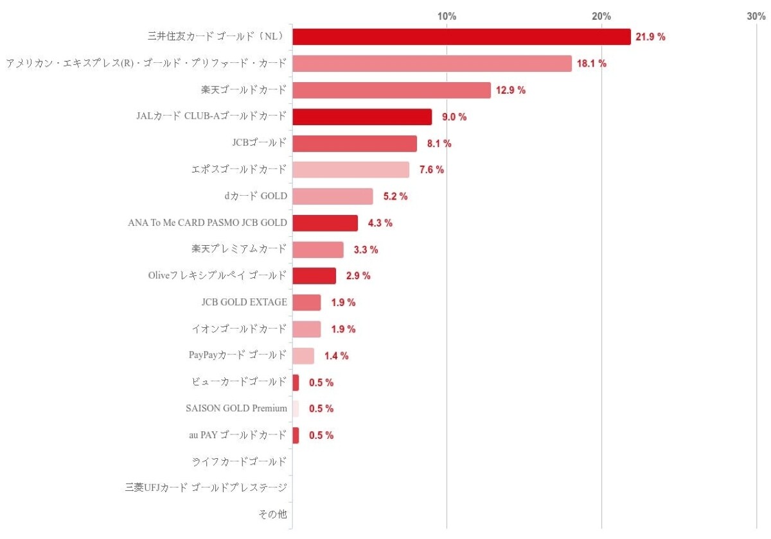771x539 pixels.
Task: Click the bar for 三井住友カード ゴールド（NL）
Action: (461, 37)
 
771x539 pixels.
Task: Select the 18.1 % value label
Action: (592, 64)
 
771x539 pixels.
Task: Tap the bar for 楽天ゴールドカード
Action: (391, 90)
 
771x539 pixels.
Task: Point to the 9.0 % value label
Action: (454, 117)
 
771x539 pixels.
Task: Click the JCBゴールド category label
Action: (259, 143)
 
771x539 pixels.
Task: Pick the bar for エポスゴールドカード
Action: (351, 169)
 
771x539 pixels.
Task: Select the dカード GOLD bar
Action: (332, 196)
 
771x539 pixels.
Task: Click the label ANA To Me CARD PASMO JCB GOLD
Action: (208, 223)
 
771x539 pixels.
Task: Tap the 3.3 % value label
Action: (366, 250)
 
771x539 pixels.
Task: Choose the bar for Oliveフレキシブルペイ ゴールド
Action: (314, 276)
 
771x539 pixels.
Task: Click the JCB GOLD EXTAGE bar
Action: (306, 302)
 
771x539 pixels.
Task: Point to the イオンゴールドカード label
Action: (239, 329)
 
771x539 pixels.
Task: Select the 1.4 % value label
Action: (336, 355)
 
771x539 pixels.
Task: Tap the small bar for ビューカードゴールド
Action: (296, 382)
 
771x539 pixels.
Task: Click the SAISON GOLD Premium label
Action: (236, 409)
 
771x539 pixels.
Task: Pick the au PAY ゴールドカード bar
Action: (296, 435)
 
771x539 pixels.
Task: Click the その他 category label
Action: (272, 514)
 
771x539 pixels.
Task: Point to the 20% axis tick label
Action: (601, 16)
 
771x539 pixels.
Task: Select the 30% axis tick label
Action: (756, 16)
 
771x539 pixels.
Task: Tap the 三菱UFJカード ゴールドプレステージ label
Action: (206, 488)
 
